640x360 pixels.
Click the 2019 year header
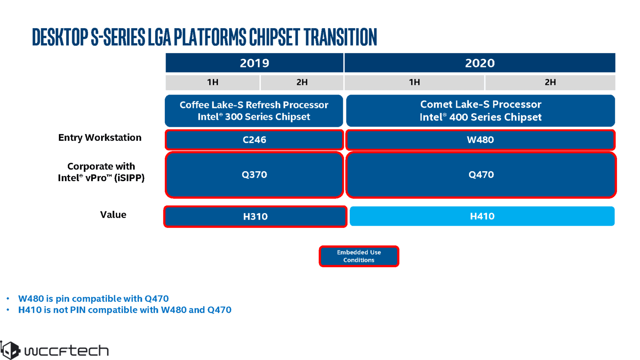pyautogui.click(x=254, y=63)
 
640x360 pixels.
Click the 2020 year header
pyautogui.click(x=480, y=63)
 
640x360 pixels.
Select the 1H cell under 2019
pyautogui.click(x=212, y=82)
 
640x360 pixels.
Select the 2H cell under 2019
pyautogui.click(x=302, y=82)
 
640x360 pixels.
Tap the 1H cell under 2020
pyautogui.click(x=414, y=82)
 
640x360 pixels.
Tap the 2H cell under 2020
pyautogui.click(x=550, y=82)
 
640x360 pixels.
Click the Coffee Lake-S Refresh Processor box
pyautogui.click(x=254, y=111)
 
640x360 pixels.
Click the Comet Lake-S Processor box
pyautogui.click(x=480, y=111)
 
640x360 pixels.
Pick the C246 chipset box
pyautogui.click(x=254, y=140)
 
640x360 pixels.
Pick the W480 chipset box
pyautogui.click(x=480, y=140)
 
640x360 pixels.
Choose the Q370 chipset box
pyautogui.click(x=254, y=175)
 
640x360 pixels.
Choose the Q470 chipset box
pyautogui.click(x=481, y=175)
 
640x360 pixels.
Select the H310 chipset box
pyautogui.click(x=255, y=217)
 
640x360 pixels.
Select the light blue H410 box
pyautogui.click(x=482, y=216)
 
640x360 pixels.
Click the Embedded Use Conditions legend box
pyautogui.click(x=359, y=256)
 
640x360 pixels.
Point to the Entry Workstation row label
pyautogui.click(x=100, y=137)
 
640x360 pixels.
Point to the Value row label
pyautogui.click(x=113, y=215)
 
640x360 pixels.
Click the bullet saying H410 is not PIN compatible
pyautogui.click(x=125, y=310)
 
